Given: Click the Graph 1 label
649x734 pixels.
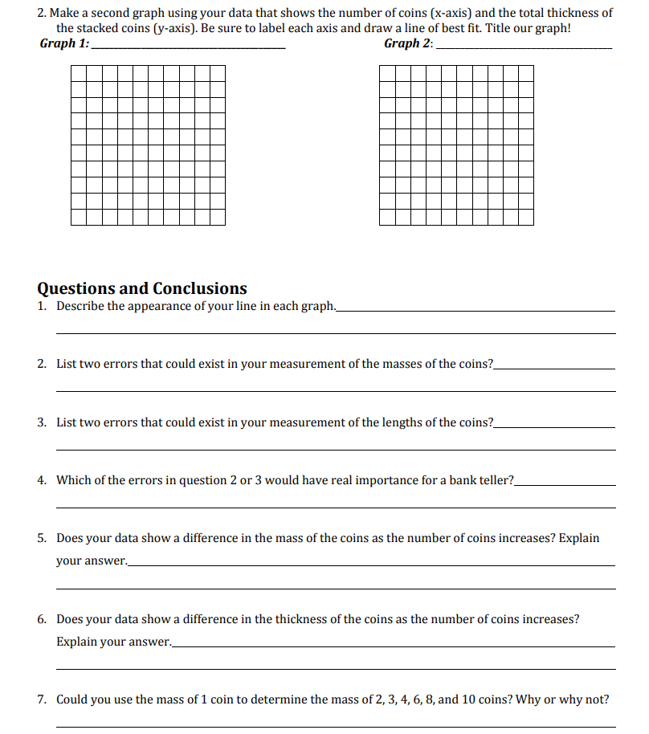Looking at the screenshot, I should pyautogui.click(x=64, y=43).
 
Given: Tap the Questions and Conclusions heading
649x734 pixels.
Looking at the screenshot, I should pyautogui.click(x=142, y=288).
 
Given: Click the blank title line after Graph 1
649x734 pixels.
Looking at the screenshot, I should pyautogui.click(x=188, y=48).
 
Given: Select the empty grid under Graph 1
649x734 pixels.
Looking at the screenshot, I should pyautogui.click(x=148, y=145).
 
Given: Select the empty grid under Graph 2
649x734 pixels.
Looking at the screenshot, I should pyautogui.click(x=456, y=145).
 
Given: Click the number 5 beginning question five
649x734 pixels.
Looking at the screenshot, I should pyautogui.click(x=41, y=538).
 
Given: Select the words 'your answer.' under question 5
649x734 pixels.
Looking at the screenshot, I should pyautogui.click(x=91, y=561).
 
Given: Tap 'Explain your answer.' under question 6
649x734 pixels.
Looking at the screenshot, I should pyautogui.click(x=113, y=642).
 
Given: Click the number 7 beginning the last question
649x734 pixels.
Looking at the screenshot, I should pyautogui.click(x=41, y=699).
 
